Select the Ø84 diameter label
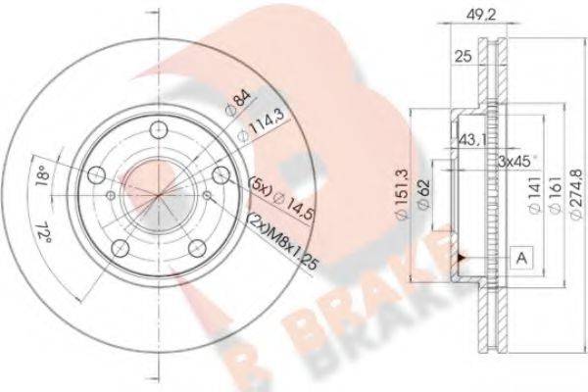pos(236,100)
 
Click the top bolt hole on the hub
pos(157,127)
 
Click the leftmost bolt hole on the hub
pos(95,174)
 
